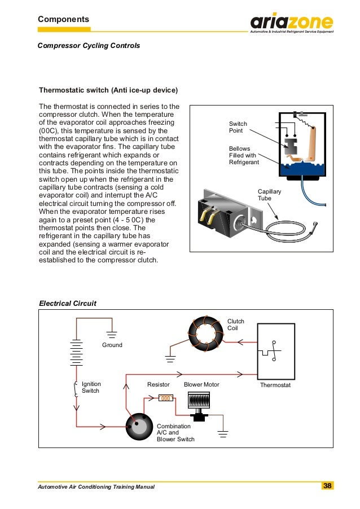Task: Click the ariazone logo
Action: click(x=292, y=23)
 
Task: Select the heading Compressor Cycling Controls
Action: click(x=89, y=45)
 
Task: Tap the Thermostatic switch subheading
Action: click(x=108, y=90)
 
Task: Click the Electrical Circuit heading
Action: click(x=67, y=303)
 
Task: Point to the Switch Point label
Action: click(x=238, y=127)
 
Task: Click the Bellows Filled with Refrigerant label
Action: click(x=244, y=155)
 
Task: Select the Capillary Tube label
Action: click(x=269, y=195)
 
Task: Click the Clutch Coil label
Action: click(x=236, y=324)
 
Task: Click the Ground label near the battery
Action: click(x=112, y=345)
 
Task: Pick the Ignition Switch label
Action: click(x=91, y=387)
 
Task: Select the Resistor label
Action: click(x=159, y=384)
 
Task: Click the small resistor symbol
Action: click(x=166, y=398)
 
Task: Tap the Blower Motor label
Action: click(x=201, y=384)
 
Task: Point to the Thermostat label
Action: click(x=275, y=384)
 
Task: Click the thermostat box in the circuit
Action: click(x=275, y=351)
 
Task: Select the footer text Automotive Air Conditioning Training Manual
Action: click(x=95, y=486)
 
